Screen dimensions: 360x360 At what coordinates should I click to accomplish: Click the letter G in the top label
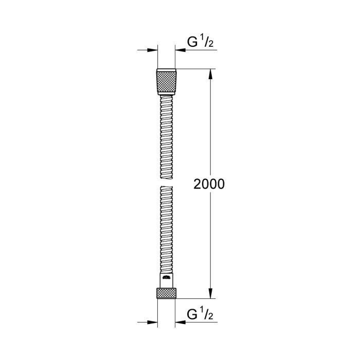coord(192,43)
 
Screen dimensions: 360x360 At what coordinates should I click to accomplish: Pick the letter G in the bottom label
coord(192,313)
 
